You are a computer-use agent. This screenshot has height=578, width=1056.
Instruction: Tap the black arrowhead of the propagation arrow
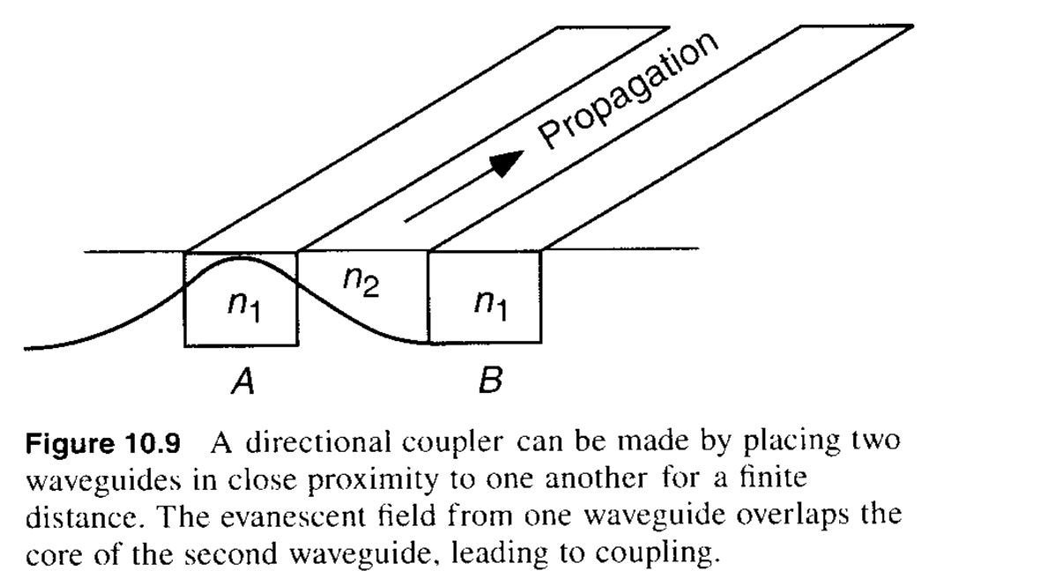[506, 161]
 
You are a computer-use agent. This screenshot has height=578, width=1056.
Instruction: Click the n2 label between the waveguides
[361, 281]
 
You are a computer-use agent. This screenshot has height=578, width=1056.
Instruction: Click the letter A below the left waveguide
[242, 382]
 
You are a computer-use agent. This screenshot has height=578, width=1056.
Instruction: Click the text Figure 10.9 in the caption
[103, 441]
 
